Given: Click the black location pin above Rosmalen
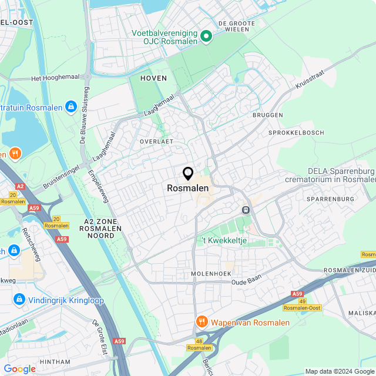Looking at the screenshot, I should (188, 174).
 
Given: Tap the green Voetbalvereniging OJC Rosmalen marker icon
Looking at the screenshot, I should (206, 36).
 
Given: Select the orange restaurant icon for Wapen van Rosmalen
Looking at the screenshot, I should (202, 322).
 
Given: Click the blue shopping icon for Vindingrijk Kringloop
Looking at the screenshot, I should (19, 300).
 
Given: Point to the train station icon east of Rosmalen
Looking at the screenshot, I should (246, 209).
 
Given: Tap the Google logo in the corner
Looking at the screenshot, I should (19, 368).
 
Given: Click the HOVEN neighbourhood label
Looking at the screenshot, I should (153, 78).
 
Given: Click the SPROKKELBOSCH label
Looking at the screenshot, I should (296, 133).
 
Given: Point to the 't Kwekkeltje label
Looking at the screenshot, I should (224, 241).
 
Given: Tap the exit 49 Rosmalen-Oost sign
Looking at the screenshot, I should (301, 304).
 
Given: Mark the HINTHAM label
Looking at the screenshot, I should (55, 361).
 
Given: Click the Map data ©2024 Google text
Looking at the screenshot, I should (340, 371).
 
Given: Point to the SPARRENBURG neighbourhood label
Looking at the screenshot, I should (331, 199).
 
